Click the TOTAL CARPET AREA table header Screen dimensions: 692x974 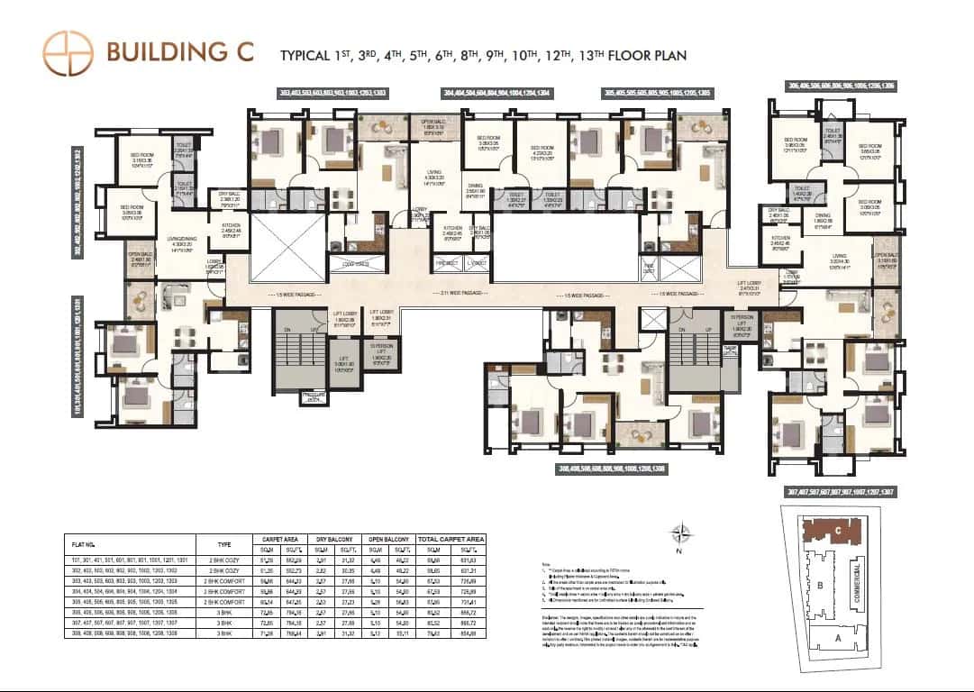click(451, 538)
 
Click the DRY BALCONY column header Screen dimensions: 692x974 click(331, 538)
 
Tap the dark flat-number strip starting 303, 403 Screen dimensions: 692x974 click(344, 93)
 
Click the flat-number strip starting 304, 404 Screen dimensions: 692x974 click(496, 93)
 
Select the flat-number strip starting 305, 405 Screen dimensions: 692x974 click(658, 93)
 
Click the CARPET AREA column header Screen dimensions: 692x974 click(279, 538)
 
